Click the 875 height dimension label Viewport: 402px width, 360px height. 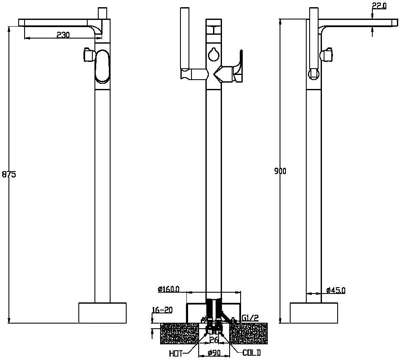point(9,174)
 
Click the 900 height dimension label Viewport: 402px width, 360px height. point(280,171)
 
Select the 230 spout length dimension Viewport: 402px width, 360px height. point(63,35)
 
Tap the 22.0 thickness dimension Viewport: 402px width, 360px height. point(379,6)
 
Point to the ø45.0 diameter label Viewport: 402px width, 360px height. point(336,290)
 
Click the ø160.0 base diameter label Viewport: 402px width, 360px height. point(169,289)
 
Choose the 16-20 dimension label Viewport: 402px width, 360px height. point(162,310)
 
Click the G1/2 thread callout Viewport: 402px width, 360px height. point(250,318)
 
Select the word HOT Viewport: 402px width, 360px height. point(176,354)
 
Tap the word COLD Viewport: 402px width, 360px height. point(252,353)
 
